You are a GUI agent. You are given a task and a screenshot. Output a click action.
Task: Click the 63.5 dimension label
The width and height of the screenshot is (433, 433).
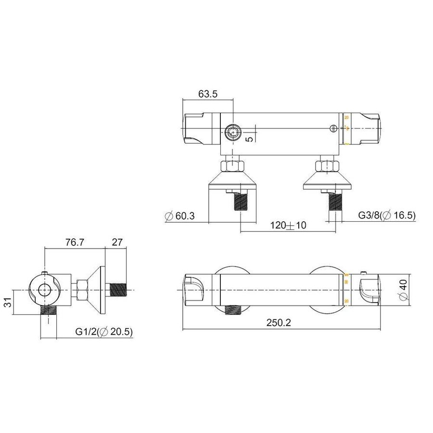click(208, 94)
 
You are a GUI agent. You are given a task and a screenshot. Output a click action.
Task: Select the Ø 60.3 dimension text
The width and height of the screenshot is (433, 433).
click(179, 216)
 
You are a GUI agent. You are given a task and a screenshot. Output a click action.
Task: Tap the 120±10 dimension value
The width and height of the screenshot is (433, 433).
click(288, 226)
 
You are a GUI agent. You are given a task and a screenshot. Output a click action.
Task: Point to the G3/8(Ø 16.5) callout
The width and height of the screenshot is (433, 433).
click(386, 216)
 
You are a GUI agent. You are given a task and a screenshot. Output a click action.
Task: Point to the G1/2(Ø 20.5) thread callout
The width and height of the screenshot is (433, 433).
click(103, 331)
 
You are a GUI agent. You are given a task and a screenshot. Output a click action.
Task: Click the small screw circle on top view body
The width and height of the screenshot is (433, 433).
click(331, 128)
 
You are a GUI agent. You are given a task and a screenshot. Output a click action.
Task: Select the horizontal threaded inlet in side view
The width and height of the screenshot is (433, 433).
click(117, 291)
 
